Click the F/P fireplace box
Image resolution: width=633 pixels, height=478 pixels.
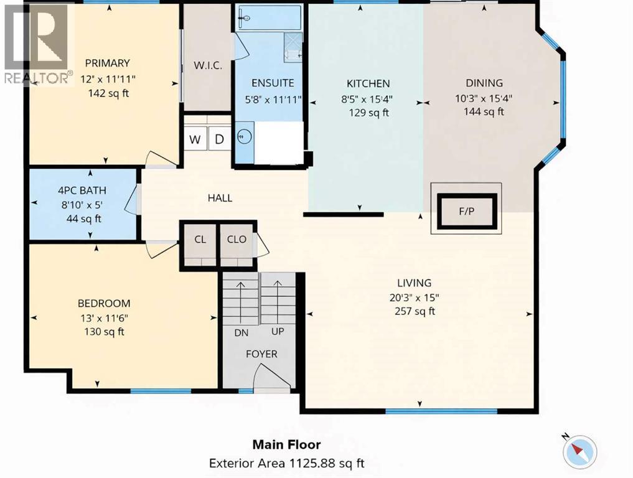coord(467,212)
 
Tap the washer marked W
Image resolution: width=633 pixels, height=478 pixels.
coord(195,139)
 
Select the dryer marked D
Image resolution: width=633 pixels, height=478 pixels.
coord(219,139)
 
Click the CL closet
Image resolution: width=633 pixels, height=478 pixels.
coord(200,240)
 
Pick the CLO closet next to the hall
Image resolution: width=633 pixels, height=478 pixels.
coord(237,240)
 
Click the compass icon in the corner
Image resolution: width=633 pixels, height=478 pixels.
coord(579,449)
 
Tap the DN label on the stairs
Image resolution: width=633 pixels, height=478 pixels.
coord(241,333)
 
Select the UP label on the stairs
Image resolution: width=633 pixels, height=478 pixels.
coord(278,332)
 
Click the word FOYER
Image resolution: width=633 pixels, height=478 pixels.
coord(261,354)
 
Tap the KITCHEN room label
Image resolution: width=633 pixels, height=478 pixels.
coord(368,83)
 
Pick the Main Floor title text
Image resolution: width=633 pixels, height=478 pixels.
coord(286,444)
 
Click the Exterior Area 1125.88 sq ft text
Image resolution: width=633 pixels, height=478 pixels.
coord(286,463)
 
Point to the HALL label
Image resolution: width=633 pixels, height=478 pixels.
coord(220,198)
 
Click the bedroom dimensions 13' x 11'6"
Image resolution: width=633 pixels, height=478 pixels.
coord(104,318)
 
